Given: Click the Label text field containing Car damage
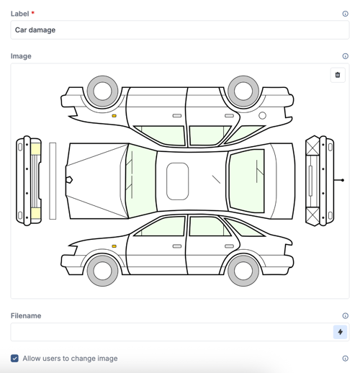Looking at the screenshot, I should [x=179, y=30].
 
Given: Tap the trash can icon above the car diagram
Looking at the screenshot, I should [x=338, y=75].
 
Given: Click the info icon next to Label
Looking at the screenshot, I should [x=346, y=14].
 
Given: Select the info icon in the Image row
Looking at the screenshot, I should [x=346, y=56].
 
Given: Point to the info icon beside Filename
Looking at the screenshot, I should [x=346, y=316].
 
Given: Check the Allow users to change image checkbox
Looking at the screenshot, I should [x=14, y=358].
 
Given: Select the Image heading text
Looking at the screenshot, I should [x=21, y=56].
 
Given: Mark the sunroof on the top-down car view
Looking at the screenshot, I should [x=178, y=181].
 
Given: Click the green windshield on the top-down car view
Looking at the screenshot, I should [x=141, y=181].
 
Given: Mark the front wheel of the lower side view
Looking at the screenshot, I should [x=102, y=271].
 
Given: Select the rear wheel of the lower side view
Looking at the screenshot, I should [x=243, y=271].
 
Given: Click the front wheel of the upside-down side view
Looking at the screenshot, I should [x=102, y=91].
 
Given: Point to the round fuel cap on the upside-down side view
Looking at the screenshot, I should [x=262, y=115].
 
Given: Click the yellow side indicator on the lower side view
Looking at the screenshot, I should [x=114, y=246].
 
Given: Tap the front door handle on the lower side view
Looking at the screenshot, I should [x=177, y=246].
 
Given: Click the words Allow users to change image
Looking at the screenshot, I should [x=70, y=358].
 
